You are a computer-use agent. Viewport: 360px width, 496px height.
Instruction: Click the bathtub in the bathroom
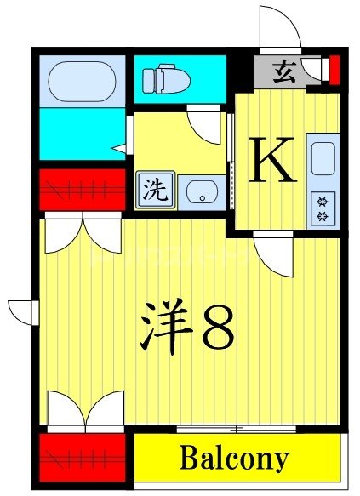(x=82, y=82)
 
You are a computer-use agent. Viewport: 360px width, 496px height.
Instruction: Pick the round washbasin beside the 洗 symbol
(x=203, y=191)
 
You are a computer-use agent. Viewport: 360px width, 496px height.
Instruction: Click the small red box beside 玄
(x=334, y=66)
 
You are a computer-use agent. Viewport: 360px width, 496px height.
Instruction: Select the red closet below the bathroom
(x=82, y=190)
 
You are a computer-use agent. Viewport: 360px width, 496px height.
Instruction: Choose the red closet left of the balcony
(x=82, y=459)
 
